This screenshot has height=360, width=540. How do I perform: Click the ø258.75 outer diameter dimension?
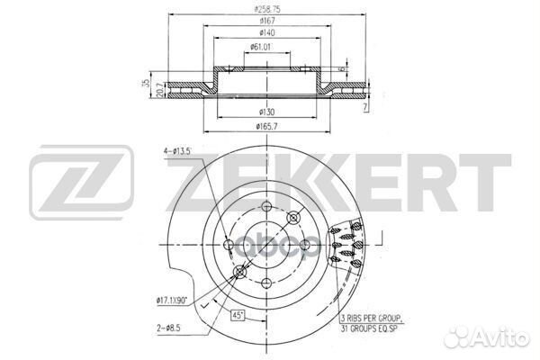(264, 8)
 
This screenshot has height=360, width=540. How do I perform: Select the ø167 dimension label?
(264, 21)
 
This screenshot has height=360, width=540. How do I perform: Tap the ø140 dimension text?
(264, 33)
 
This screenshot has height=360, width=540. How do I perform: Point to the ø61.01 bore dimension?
(264, 47)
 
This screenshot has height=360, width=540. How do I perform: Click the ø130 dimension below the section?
(266, 112)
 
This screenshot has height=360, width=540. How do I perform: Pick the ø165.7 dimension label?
(266, 127)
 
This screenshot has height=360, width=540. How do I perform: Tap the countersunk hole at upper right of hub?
(292, 218)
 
